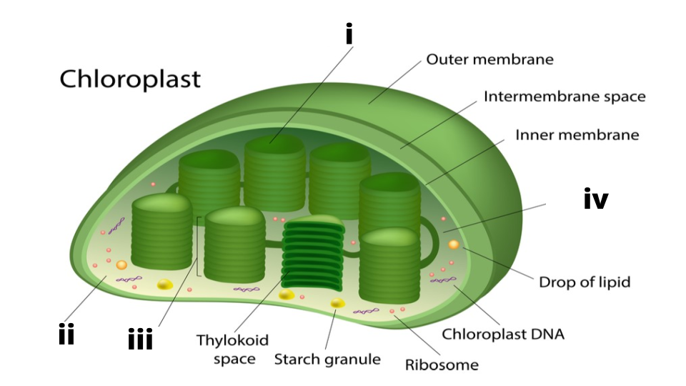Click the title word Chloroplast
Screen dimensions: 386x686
click(x=129, y=78)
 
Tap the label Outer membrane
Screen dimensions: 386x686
click(x=489, y=59)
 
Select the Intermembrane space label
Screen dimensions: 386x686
click(x=565, y=96)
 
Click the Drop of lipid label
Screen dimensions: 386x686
click(x=585, y=282)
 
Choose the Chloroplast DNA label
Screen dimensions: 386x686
click(x=503, y=333)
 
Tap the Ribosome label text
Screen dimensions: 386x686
click(x=442, y=365)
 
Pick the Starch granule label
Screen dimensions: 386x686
click(x=327, y=359)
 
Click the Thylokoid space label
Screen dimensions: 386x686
click(x=233, y=350)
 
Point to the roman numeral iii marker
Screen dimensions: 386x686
click(x=140, y=340)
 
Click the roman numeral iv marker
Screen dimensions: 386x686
click(x=596, y=200)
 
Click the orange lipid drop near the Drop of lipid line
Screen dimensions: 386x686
click(x=454, y=245)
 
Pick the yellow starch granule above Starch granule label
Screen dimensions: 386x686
click(x=337, y=304)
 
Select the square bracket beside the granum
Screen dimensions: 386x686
click(x=197, y=247)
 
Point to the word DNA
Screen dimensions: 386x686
click(x=548, y=333)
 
